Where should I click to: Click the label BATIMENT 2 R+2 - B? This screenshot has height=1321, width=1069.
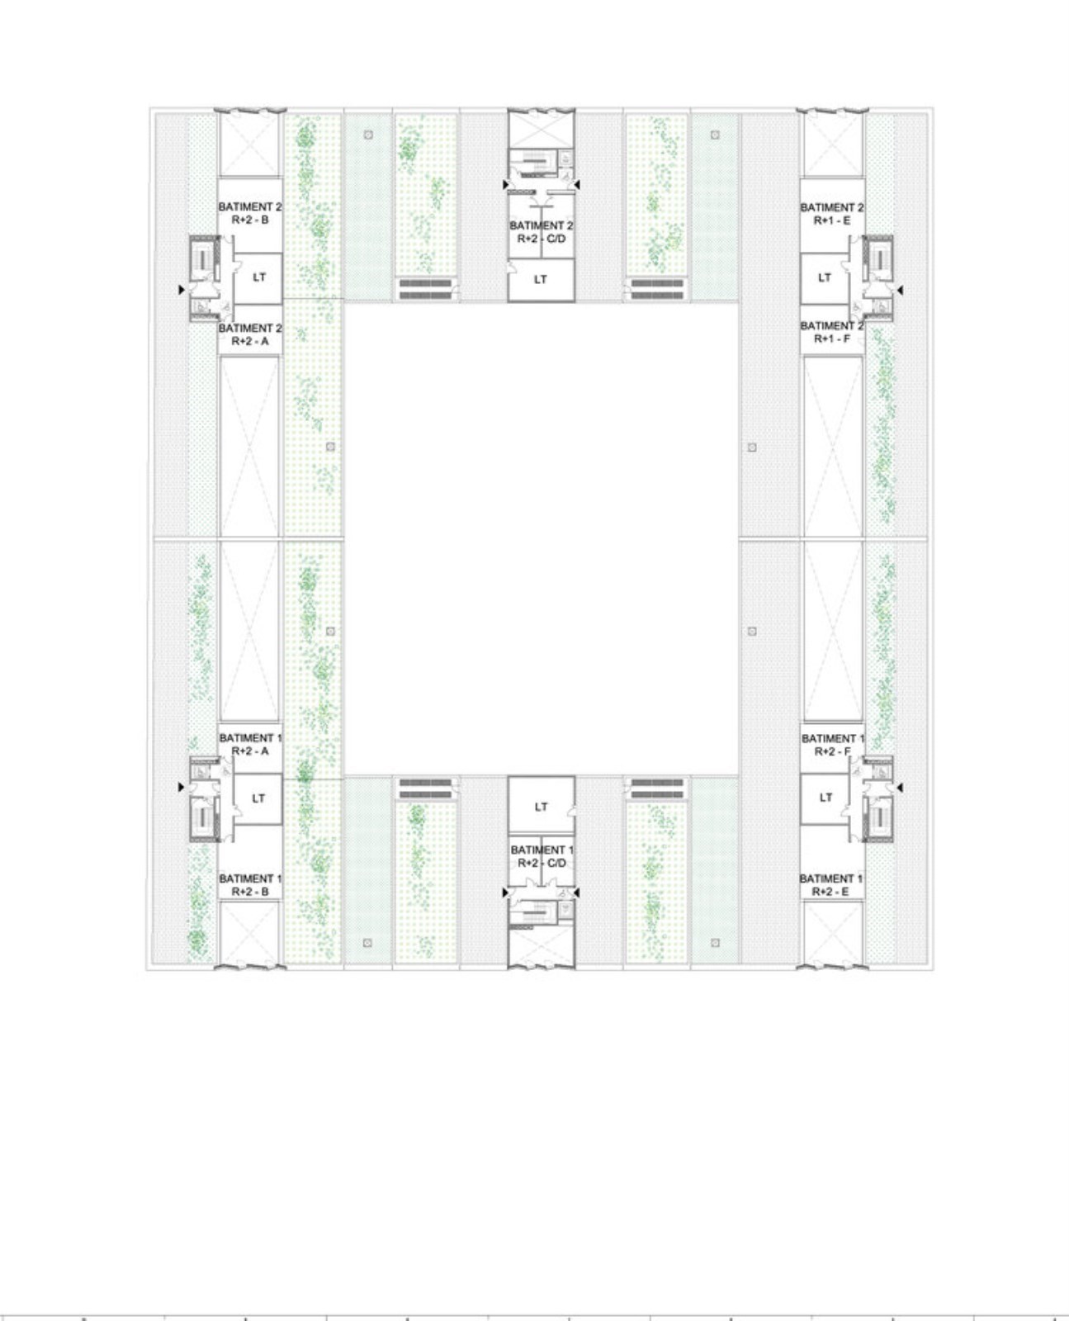coord(250,213)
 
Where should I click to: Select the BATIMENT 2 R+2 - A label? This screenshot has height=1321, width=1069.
coord(250,335)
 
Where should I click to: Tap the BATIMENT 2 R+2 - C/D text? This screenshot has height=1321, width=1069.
coord(542,232)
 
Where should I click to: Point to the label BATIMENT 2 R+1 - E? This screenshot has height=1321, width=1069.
coord(831,214)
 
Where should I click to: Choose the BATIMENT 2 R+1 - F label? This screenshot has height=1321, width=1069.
coord(831,333)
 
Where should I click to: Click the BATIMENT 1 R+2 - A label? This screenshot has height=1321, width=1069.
coord(250,744)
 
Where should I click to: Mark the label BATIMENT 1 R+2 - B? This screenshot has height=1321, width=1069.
coord(250,885)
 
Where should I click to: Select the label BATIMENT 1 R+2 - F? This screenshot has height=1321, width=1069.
coord(833,745)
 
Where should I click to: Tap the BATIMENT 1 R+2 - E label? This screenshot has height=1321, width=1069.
coord(831,885)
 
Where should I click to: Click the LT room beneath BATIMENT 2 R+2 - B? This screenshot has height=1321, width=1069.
coord(258,278)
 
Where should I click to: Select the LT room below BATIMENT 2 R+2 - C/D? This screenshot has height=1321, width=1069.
coord(542,281)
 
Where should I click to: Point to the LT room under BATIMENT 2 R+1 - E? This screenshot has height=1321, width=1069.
coord(824,278)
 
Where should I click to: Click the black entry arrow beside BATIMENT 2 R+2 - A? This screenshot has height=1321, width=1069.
coord(181,290)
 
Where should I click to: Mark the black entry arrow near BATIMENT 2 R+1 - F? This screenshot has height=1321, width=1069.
coord(900,290)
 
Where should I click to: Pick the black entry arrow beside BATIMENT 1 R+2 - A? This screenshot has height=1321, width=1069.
coord(181,787)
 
